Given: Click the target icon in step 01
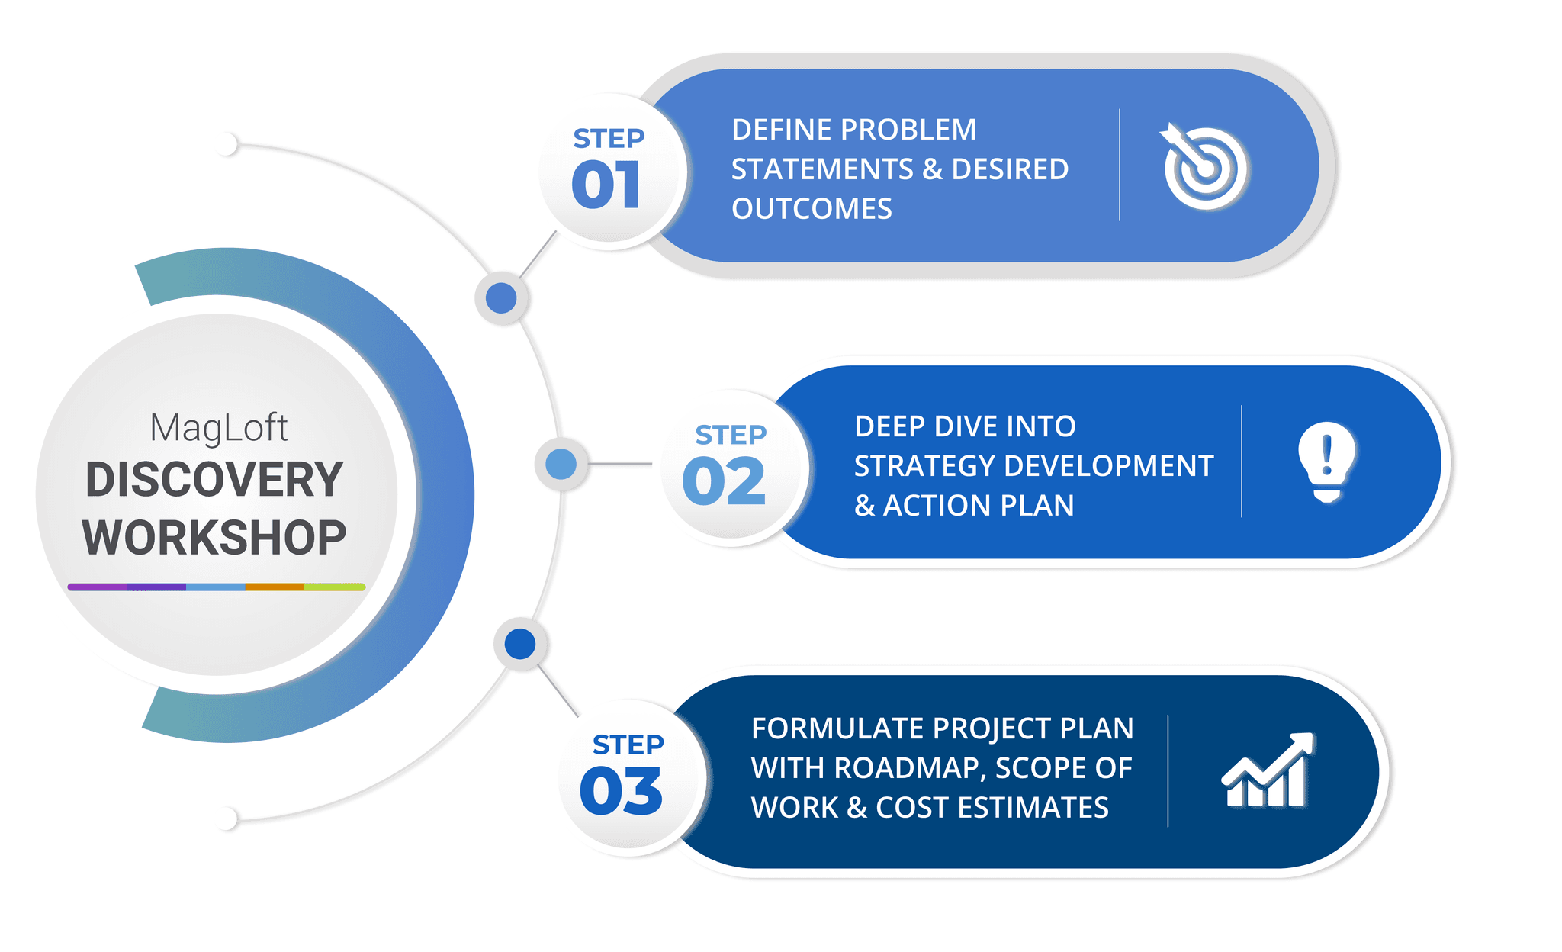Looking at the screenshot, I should tap(1204, 167).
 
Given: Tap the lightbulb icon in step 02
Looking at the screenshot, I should tap(1327, 461).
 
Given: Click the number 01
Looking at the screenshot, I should tap(606, 185).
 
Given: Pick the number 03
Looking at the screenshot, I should tap(621, 791).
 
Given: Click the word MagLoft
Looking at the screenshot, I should tap(219, 428).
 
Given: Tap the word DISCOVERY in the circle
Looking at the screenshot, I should tap(214, 480).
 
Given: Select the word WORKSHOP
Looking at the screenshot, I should tap(214, 538).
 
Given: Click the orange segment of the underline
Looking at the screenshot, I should tap(275, 587).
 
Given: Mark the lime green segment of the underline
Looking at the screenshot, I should tap(335, 587).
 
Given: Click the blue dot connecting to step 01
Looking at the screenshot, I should tap(501, 297).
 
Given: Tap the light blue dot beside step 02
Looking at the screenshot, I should tap(561, 464).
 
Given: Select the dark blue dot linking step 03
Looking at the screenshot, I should tap(520, 644).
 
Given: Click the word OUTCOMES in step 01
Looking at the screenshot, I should tap(812, 209).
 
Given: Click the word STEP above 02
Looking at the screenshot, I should tap(731, 435).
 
